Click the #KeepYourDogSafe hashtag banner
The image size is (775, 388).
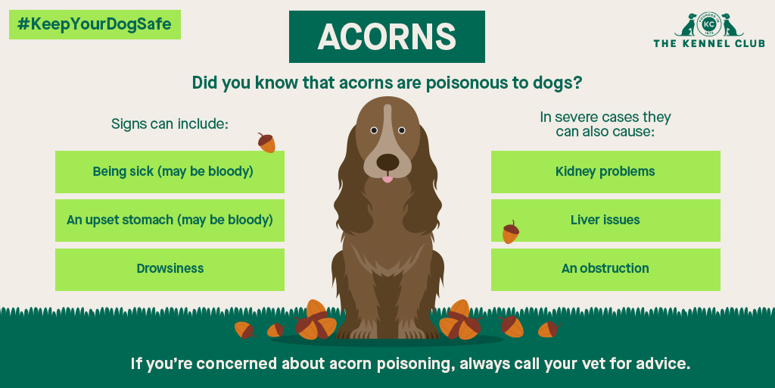[x=95, y=24]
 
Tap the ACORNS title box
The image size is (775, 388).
[x=387, y=36]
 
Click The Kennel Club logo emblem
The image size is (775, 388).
[x=708, y=24]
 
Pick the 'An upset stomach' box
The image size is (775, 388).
[x=170, y=221]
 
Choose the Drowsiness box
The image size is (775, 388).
[x=170, y=269]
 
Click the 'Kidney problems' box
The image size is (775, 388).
[x=605, y=172]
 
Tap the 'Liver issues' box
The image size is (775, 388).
[x=605, y=221]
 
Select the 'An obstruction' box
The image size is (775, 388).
[x=605, y=269]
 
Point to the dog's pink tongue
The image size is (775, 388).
[x=387, y=179]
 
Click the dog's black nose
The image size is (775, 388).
[x=387, y=161]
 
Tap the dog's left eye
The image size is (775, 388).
[x=373, y=130]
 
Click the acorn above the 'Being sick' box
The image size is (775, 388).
[x=266, y=142]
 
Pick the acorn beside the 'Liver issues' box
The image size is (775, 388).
[x=511, y=233]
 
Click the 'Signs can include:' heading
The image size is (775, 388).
[x=170, y=124]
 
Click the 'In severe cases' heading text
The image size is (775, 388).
[x=605, y=117]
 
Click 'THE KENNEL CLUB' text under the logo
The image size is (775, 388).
[x=708, y=43]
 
